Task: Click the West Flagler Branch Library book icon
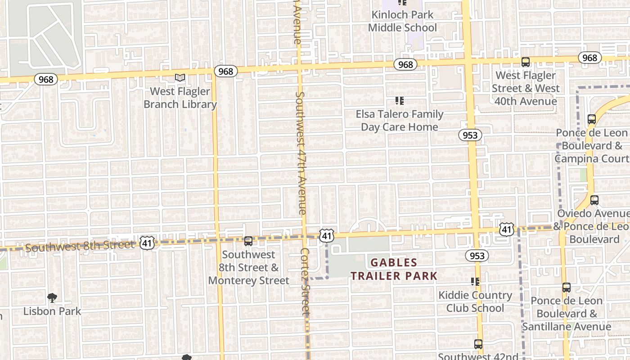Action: (x=180, y=77)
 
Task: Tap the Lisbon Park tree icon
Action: (x=52, y=297)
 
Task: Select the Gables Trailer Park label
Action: (x=394, y=269)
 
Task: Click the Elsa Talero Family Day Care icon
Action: (x=399, y=101)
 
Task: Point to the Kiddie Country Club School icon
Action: (x=475, y=282)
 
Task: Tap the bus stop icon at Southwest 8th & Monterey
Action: (x=248, y=241)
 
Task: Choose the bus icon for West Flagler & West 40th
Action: (x=525, y=62)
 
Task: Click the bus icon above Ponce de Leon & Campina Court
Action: (x=592, y=119)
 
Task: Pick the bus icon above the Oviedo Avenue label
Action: (x=594, y=200)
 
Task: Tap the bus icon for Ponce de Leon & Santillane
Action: (x=567, y=287)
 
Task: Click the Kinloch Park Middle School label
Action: (x=402, y=21)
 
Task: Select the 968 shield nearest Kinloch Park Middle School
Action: (x=405, y=65)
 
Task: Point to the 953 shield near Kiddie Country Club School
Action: (x=477, y=256)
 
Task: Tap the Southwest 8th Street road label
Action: (x=80, y=246)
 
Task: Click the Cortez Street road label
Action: (x=306, y=281)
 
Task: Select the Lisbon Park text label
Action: (x=52, y=311)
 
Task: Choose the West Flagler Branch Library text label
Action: (x=180, y=98)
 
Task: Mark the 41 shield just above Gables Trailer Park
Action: (x=327, y=235)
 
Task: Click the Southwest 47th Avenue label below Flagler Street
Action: (x=301, y=153)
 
